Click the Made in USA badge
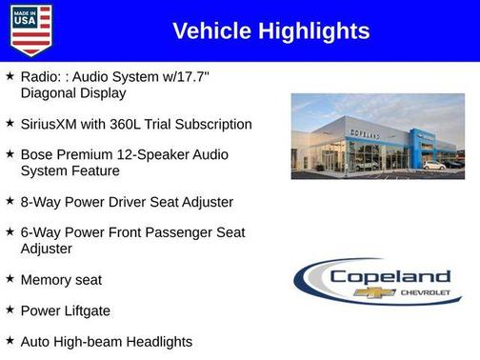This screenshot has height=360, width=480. (x=30, y=30)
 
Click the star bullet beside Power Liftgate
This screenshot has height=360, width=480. (x=10, y=310)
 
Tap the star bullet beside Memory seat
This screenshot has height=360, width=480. (x=10, y=279)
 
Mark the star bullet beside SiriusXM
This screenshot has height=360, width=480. (x=10, y=123)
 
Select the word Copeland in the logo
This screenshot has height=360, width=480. (x=384, y=276)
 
